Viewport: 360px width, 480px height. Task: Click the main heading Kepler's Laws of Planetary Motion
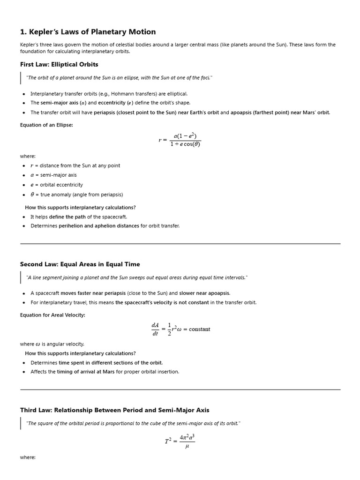(x=88, y=32)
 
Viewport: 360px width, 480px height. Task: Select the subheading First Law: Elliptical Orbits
(x=59, y=64)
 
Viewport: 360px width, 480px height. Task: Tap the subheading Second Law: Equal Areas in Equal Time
(x=80, y=264)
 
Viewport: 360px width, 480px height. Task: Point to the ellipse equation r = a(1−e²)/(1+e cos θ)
(x=180, y=140)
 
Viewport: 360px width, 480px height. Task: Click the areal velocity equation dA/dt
(x=180, y=329)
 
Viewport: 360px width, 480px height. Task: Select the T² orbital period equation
(x=180, y=441)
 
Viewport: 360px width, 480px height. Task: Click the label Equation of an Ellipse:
(x=46, y=125)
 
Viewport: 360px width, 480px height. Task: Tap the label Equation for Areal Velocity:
(x=52, y=315)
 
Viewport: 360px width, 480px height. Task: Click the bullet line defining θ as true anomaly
(x=76, y=195)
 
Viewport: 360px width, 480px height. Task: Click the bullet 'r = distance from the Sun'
(x=75, y=165)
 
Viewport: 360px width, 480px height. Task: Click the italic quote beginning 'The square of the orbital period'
(x=134, y=423)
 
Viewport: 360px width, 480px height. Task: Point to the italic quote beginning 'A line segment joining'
(x=137, y=277)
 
